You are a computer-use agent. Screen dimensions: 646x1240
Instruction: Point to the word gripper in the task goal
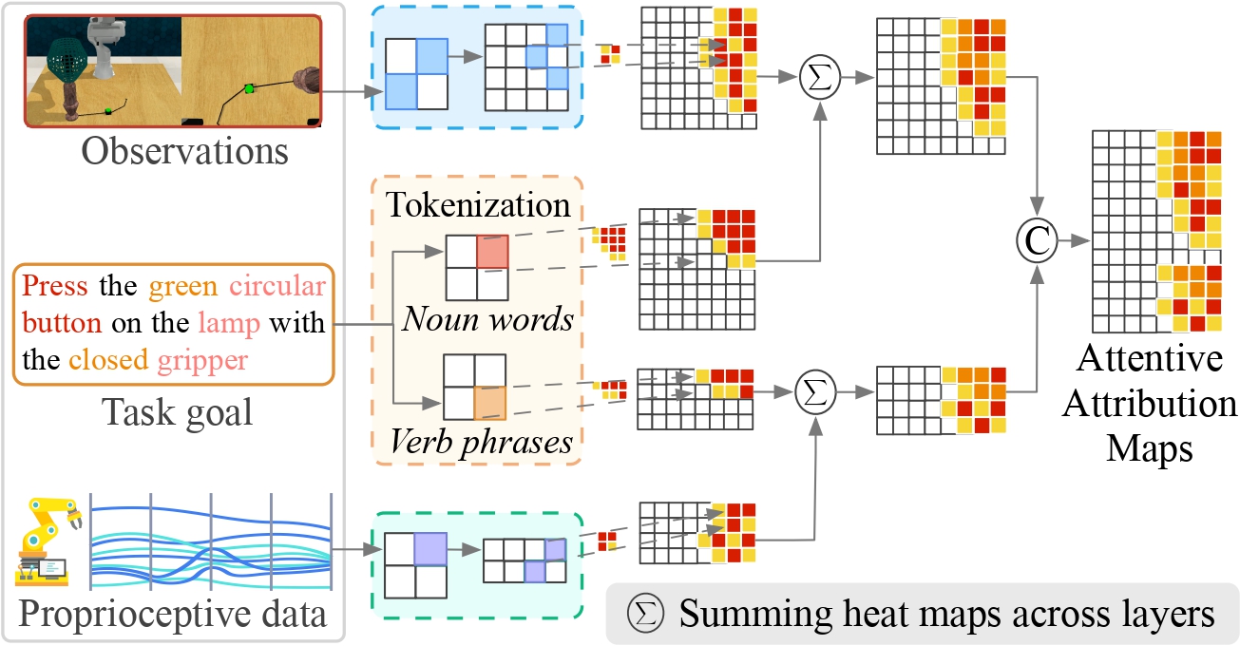(204, 361)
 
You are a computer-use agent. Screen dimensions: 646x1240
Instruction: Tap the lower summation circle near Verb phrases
(816, 390)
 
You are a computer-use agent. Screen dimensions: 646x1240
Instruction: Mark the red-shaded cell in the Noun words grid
(492, 252)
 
